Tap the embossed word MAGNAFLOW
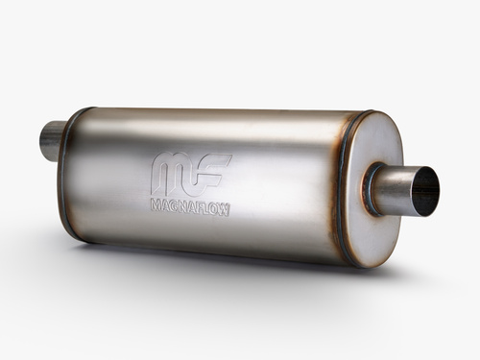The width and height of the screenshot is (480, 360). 191,208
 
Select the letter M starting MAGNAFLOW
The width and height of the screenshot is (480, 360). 156,205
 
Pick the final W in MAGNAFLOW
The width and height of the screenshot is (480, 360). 225,211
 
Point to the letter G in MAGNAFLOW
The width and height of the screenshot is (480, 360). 175,207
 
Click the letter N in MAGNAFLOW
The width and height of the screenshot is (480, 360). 184,208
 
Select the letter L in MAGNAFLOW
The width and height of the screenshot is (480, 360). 206,210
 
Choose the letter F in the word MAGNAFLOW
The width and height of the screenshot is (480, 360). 201,209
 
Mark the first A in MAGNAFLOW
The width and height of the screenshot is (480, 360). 166,206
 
